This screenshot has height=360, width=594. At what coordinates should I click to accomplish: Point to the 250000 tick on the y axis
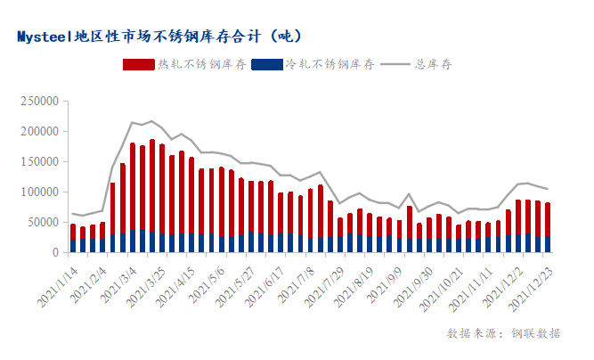pos(39,101)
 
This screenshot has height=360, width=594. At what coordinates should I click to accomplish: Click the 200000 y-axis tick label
pos(39,131)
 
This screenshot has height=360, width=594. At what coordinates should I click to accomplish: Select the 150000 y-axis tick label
pos(39,161)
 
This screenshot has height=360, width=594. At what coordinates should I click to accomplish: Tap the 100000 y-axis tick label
pos(39,192)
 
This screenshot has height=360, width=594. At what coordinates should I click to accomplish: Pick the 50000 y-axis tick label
pos(42,222)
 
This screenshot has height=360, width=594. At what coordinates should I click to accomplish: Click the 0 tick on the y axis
pos(55,252)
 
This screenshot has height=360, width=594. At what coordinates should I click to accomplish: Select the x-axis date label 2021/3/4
pos(118,280)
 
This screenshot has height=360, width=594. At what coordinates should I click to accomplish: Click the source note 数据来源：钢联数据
pos(504,333)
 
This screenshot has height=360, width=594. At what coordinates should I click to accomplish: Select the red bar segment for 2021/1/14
pos(73,232)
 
